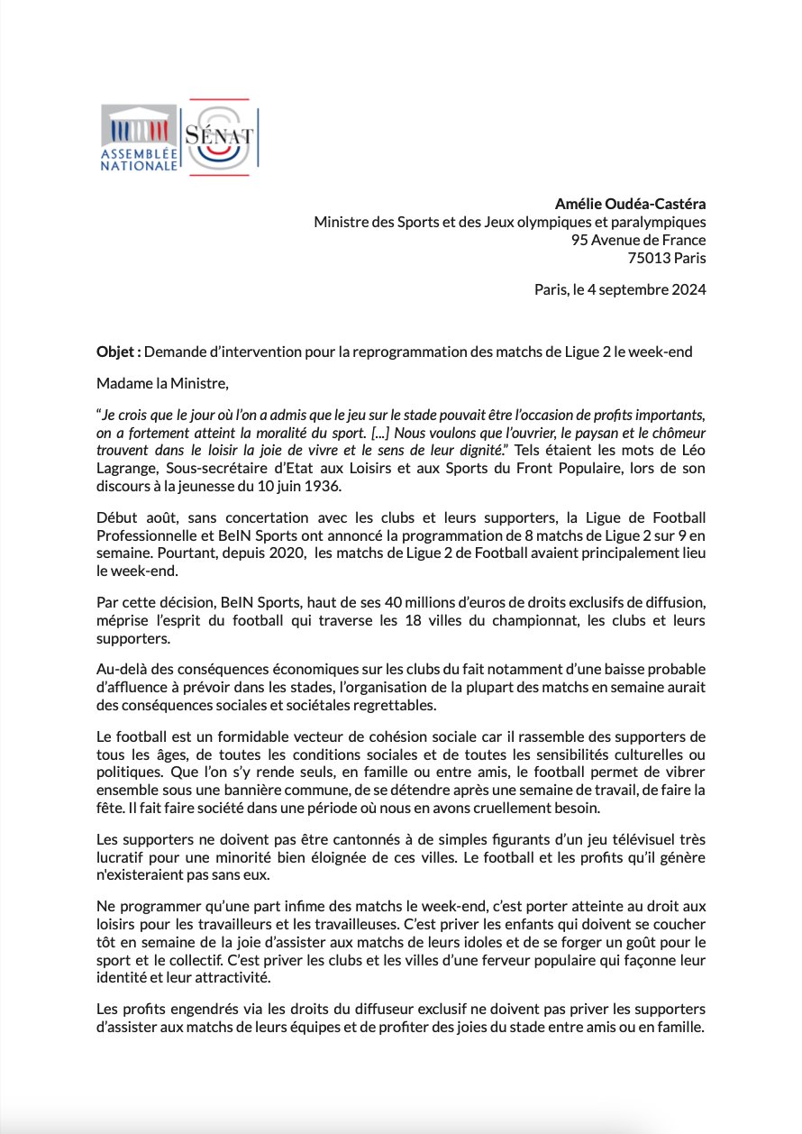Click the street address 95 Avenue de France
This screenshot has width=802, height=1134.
[x=638, y=240]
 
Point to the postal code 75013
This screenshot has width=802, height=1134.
[x=649, y=258]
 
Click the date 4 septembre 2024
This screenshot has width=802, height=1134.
[x=643, y=290]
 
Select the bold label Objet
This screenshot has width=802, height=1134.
[x=116, y=352]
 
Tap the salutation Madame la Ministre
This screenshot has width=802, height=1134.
[x=163, y=383]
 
